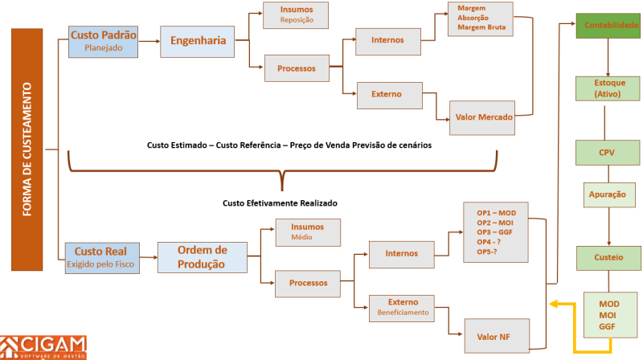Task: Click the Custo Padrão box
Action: [x=104, y=41]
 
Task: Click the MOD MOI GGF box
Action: [x=608, y=315]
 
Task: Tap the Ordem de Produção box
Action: [x=202, y=257]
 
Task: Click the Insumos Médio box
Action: [x=309, y=232]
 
